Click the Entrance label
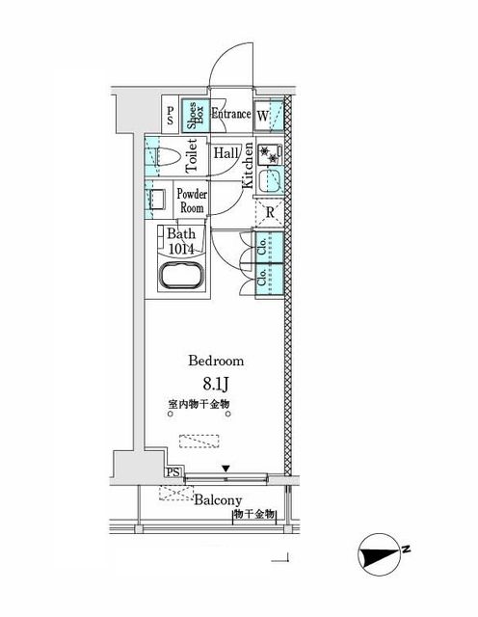(x=231, y=115)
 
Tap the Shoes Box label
(x=194, y=116)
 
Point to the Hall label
(x=226, y=153)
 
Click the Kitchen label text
(x=248, y=165)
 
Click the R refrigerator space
(x=271, y=212)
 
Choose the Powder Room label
(x=190, y=201)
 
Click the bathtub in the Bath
(x=179, y=280)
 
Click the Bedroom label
(x=216, y=361)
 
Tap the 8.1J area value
(x=216, y=384)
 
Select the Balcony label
(x=218, y=500)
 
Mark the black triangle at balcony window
(x=226, y=469)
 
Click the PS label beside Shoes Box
(x=171, y=117)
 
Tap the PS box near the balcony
(x=173, y=471)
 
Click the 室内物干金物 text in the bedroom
(x=199, y=405)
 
